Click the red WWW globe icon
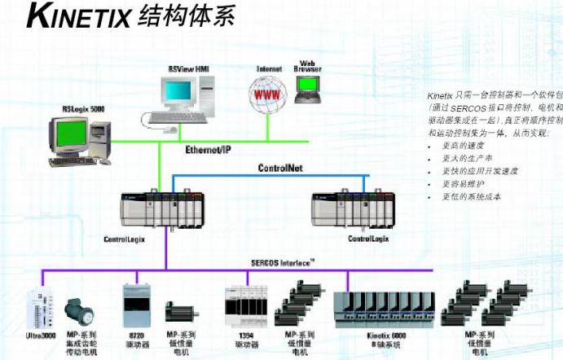(266, 94)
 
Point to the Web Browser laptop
(307, 91)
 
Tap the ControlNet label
(280, 168)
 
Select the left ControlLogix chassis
(157, 209)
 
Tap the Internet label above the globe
(269, 69)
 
